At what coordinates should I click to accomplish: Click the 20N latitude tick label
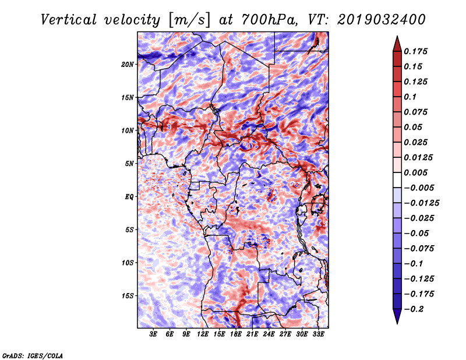coord(128,64)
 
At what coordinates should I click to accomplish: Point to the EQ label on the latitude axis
coord(129,197)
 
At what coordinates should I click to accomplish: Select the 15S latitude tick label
coord(128,296)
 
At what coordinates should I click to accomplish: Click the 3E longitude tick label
coord(154,334)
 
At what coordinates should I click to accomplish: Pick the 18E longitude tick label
coord(236,334)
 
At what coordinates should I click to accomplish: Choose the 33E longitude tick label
coord(318,334)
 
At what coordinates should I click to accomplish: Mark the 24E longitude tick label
coord(269,334)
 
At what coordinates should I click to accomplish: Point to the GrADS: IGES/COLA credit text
coord(33,355)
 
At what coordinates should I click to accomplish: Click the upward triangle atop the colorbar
coord(397,42)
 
